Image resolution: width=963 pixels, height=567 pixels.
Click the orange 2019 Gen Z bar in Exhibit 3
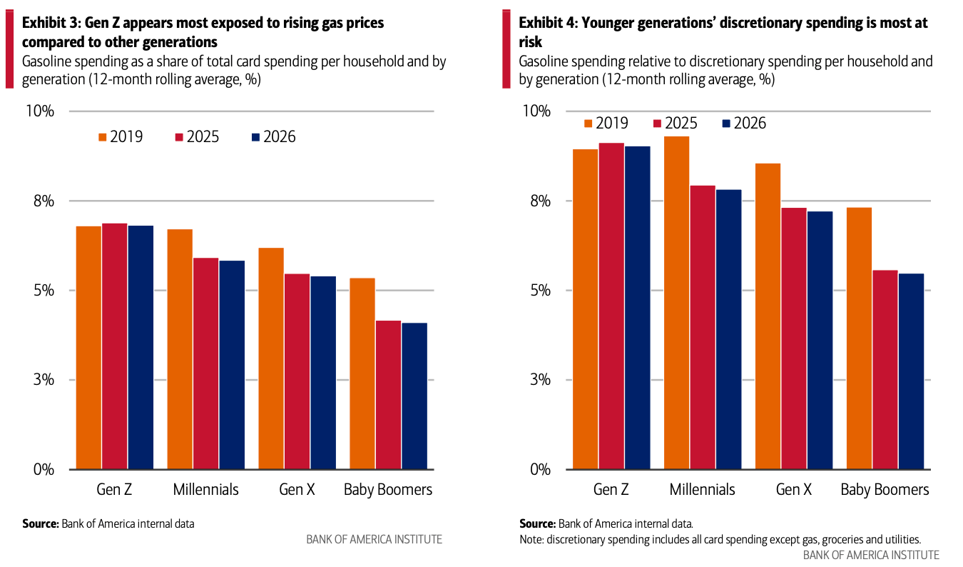pyautogui.click(x=88, y=348)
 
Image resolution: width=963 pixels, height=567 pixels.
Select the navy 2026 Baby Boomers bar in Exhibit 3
pyautogui.click(x=414, y=396)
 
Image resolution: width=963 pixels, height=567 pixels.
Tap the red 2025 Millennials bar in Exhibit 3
pyautogui.click(x=205, y=363)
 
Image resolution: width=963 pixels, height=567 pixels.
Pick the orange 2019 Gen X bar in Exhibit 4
pyautogui.click(x=768, y=316)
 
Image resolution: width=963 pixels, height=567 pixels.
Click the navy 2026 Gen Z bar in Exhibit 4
pyautogui.click(x=637, y=308)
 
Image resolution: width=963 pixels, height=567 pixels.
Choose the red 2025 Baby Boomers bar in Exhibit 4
pyautogui.click(x=885, y=370)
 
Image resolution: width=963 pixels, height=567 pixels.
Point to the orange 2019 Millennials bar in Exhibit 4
pyautogui.click(x=676, y=303)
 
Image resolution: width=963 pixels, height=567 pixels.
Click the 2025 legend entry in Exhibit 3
pyautogui.click(x=196, y=137)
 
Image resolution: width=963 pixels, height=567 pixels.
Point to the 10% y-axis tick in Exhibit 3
pyautogui.click(x=41, y=111)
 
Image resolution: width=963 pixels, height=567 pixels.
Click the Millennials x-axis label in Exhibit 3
pyautogui.click(x=205, y=490)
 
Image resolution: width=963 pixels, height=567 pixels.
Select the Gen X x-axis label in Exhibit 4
pyautogui.click(x=793, y=490)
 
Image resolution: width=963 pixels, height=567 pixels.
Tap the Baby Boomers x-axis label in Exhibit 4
pyautogui.click(x=885, y=490)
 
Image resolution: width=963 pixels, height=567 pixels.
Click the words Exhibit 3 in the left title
pyautogui.click(x=52, y=23)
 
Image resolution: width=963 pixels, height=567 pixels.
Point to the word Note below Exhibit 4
pyautogui.click(x=532, y=539)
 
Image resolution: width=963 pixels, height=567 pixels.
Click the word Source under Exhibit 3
pyautogui.click(x=39, y=523)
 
